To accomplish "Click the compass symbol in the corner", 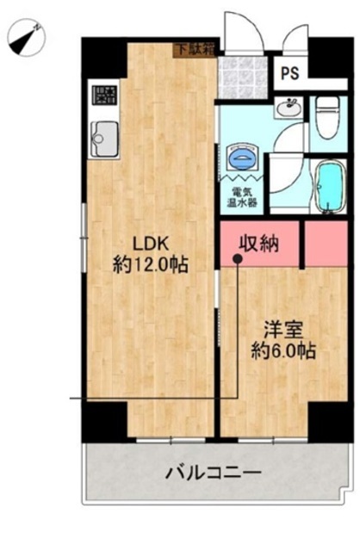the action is click(x=27, y=38).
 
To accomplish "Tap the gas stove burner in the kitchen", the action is click(x=104, y=96).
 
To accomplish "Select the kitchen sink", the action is click(x=104, y=139).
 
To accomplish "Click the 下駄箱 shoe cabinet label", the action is click(x=195, y=50).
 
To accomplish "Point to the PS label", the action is click(x=290, y=73).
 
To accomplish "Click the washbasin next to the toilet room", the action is click(x=289, y=107).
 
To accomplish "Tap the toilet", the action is click(x=327, y=117).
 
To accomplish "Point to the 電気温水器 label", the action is click(x=241, y=197).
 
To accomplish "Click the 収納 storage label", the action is click(x=259, y=243).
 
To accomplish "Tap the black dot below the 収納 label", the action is click(x=238, y=259).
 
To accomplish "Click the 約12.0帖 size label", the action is click(x=151, y=264).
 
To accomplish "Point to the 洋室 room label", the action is click(x=283, y=331).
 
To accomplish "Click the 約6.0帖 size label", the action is click(x=283, y=350).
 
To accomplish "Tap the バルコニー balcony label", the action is click(x=214, y=473).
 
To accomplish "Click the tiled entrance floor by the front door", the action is click(x=242, y=77).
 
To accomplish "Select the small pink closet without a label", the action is click(x=326, y=243).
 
